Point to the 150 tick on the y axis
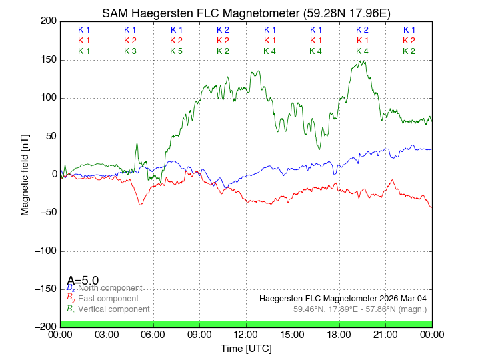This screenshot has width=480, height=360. [47, 60]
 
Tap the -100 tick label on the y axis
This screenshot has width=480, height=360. [44, 251]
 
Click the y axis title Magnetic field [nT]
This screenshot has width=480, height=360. [25, 173]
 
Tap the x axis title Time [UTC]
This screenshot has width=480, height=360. [246, 348]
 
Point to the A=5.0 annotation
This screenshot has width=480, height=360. [83, 281]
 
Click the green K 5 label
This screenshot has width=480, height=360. [176, 51]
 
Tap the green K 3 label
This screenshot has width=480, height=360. [130, 51]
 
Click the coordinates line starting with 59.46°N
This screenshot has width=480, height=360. [360, 309]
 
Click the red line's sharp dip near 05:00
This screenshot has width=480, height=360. [140, 204]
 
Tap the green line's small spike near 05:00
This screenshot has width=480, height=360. [137, 144]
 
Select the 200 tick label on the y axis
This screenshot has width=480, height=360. [47, 21]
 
